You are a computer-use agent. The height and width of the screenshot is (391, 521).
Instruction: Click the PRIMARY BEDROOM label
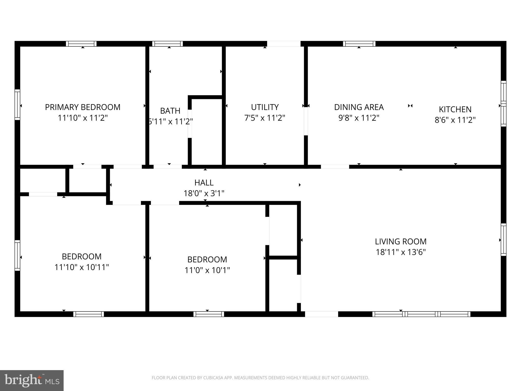pyautogui.click(x=83, y=107)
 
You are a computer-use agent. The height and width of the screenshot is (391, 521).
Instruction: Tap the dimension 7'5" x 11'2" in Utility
pyautogui.click(x=265, y=118)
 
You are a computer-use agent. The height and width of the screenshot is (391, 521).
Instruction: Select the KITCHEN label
pyautogui.click(x=455, y=109)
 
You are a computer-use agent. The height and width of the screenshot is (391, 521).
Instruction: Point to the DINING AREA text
pyautogui.click(x=359, y=107)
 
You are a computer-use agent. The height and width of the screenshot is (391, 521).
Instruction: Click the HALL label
pyautogui.click(x=204, y=183)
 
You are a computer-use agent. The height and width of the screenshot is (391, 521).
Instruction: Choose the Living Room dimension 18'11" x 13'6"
pyautogui.click(x=401, y=252)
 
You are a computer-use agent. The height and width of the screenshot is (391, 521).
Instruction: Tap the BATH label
pyautogui.click(x=170, y=111)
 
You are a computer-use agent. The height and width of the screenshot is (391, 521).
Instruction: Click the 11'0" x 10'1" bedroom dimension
pyautogui.click(x=207, y=270)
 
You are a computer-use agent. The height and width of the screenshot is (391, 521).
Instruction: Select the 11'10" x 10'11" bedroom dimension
pyautogui.click(x=82, y=267)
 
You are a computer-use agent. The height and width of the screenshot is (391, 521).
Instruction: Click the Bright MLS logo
pyautogui.click(x=32, y=380)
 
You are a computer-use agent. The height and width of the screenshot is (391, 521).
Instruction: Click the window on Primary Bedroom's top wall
pyautogui.click(x=81, y=44)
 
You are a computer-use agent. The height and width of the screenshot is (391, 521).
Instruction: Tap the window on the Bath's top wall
pyautogui.click(x=167, y=44)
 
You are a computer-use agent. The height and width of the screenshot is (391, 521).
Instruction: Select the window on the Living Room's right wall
pyautogui.click(x=503, y=240)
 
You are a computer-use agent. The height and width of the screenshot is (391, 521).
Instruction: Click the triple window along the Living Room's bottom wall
pyautogui.click(x=421, y=314)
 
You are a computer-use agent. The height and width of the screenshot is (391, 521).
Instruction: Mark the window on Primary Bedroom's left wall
pyautogui.click(x=17, y=104)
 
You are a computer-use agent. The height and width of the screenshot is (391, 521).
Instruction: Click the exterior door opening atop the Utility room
pyautogui.click(x=284, y=44)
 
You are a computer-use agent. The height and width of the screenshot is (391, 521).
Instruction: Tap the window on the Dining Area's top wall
pyautogui.click(x=359, y=44)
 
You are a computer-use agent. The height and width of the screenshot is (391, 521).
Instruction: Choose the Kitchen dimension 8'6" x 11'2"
pyautogui.click(x=455, y=120)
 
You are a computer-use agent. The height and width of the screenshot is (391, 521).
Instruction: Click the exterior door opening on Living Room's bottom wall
pyautogui.click(x=321, y=314)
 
